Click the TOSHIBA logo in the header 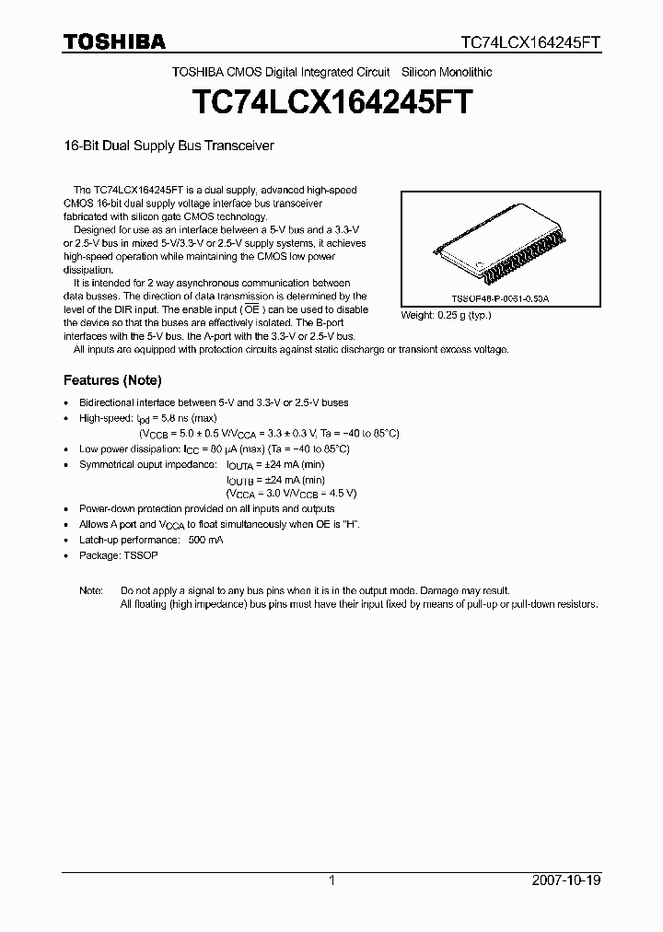114,41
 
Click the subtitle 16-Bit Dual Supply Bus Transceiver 169,146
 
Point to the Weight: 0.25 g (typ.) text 446,315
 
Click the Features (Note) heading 112,379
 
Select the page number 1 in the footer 331,880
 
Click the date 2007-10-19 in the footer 566,880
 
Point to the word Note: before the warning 91,589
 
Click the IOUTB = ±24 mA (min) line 275,479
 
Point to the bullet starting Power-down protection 207,508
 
